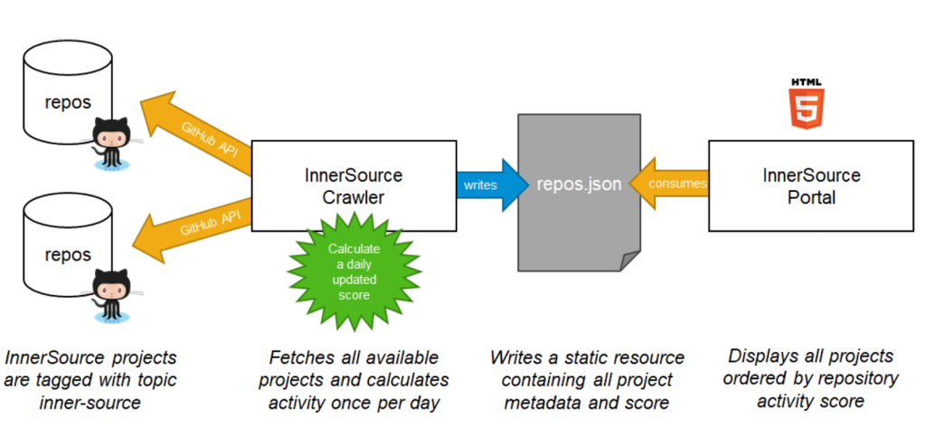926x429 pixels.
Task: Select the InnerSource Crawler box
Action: coord(354,186)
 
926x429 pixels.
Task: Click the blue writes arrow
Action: coord(489,185)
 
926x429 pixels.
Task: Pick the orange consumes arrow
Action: coord(670,184)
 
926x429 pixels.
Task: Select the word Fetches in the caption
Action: coord(299,357)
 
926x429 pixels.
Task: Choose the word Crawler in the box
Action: coord(354,196)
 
